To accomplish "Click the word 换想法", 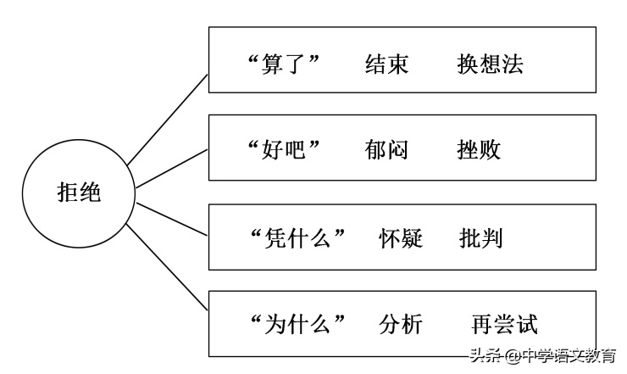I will click(490, 64).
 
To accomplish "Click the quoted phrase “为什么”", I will click(299, 325).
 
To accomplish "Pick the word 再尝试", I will click(504, 325).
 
